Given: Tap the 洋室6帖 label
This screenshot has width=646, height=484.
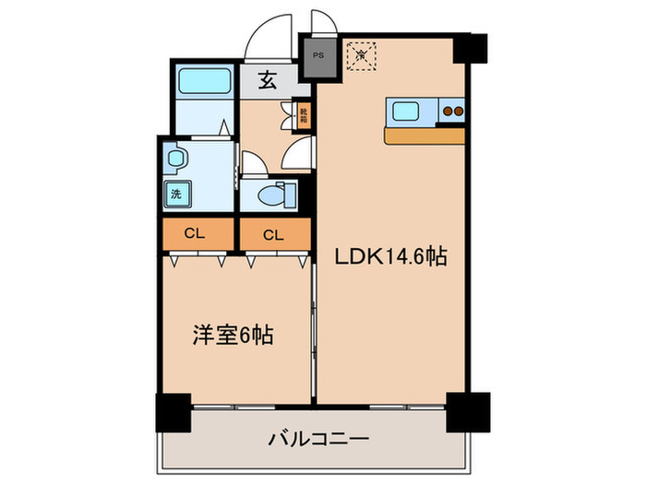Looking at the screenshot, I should coord(232,336).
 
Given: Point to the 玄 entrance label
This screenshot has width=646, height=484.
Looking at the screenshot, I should coord(267,81).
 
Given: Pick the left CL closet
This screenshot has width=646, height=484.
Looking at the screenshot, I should coord(194,234).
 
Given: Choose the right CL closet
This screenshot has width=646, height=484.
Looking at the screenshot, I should coord(272,234).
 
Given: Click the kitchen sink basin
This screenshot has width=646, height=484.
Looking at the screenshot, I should coord(408,112).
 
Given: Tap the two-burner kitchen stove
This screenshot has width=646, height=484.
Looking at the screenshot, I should coord(450,112).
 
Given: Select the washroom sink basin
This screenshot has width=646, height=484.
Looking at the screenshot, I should coord(175,158).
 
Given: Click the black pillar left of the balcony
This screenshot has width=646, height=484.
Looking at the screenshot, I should coord(172,411).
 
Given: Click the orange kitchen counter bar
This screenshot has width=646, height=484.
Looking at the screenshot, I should coord(424,136).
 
